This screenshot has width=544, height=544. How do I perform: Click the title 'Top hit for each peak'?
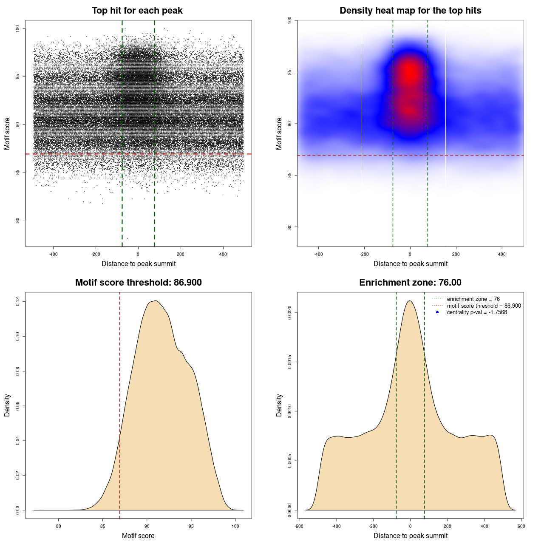[137, 11]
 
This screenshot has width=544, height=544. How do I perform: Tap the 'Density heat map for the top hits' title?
[410, 11]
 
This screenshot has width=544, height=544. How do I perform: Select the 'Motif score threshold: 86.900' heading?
[138, 283]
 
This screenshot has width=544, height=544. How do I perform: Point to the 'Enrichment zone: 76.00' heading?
[410, 283]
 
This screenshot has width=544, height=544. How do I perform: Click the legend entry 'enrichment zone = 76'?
[473, 299]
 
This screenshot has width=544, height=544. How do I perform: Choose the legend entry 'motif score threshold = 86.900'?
[484, 306]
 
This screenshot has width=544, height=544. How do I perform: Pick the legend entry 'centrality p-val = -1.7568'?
[477, 312]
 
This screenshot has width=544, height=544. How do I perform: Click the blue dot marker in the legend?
[437, 312]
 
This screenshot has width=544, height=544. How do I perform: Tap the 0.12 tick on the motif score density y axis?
[18, 302]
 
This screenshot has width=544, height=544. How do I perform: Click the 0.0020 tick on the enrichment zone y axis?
[290, 313]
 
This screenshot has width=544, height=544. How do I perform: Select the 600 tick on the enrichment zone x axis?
[521, 526]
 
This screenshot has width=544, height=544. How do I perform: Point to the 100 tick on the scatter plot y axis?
[18, 28]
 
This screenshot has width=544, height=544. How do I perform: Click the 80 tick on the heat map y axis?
[290, 227]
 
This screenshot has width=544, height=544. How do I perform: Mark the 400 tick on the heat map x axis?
[502, 254]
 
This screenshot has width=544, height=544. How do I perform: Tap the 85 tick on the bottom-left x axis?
[102, 526]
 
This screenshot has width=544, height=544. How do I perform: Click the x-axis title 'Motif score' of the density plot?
[138, 535]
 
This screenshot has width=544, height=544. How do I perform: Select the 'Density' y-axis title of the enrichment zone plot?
[279, 405]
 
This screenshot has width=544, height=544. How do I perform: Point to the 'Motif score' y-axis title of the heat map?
[279, 133]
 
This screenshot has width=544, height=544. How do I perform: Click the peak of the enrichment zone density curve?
[410, 301]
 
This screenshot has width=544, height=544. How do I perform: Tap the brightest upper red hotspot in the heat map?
[410, 71]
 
